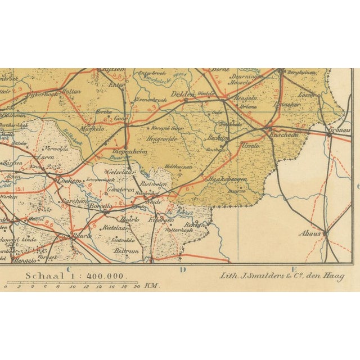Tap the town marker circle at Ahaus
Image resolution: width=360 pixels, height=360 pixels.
[325, 233]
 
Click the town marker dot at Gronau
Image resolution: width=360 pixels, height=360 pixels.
[328, 134]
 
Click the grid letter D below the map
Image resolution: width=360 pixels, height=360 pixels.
[183, 269]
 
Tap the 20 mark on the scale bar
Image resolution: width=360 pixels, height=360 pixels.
[137, 286]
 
